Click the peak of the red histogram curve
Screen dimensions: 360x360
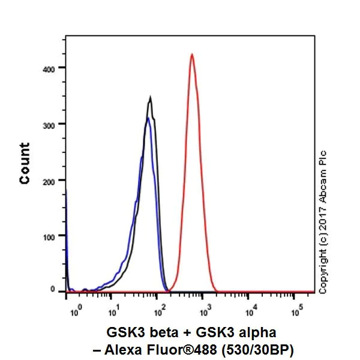coord(191,55)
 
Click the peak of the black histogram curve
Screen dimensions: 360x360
coord(150,98)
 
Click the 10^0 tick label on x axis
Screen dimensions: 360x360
coord(75,310)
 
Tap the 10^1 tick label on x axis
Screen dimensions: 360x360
coord(112,310)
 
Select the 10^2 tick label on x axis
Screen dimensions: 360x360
coord(158,310)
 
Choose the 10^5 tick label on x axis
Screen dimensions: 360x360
coord(296,310)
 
